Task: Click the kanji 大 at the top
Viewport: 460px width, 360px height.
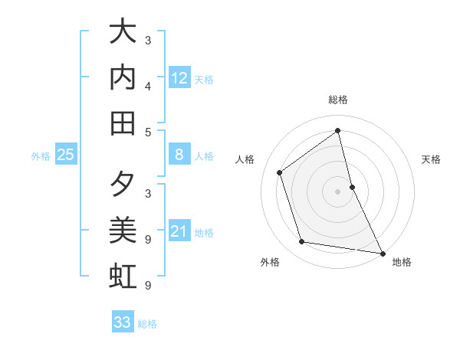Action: (x=123, y=33)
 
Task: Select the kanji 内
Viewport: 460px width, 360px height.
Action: (x=123, y=78)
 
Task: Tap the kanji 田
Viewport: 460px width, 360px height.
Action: (x=123, y=123)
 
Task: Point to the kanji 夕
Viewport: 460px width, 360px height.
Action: (x=123, y=185)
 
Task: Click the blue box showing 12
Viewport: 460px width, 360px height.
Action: (x=179, y=78)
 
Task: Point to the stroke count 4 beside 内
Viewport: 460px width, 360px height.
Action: (x=148, y=85)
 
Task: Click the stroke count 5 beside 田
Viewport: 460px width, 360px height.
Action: (x=148, y=132)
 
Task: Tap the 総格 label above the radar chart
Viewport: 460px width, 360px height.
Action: (x=338, y=100)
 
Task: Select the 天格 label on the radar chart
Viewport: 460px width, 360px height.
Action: (x=431, y=159)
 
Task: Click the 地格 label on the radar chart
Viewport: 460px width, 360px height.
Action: (x=402, y=262)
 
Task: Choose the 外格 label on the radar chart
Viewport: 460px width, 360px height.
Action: (x=270, y=262)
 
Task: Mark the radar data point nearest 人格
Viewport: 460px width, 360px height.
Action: (x=280, y=172)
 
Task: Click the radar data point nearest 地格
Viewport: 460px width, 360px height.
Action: (x=382, y=252)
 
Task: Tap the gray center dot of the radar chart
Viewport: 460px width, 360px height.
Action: (x=338, y=191)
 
